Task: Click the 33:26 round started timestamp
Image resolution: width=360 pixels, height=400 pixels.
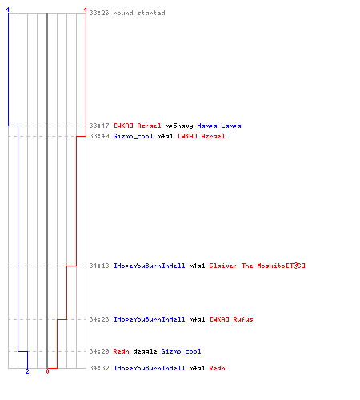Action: tap(99, 13)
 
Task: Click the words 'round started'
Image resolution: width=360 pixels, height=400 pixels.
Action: tap(139, 13)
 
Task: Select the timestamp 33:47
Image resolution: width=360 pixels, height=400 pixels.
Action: tap(99, 126)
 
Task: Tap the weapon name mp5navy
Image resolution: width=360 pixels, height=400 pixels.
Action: tap(179, 126)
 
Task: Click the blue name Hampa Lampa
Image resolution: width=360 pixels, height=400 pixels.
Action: tap(219, 126)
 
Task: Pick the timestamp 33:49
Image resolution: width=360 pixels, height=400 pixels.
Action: tap(99, 136)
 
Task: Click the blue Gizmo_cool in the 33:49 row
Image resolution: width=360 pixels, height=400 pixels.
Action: tap(133, 136)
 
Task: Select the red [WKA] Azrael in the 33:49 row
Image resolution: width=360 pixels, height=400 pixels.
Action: tap(202, 136)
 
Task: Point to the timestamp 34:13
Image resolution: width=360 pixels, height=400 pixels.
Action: tap(99, 266)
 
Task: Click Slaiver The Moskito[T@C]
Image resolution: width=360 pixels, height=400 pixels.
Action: tap(257, 266)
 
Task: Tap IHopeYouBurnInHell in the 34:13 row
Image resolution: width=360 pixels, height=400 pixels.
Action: tap(149, 266)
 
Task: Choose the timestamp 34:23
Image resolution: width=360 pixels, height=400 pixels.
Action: tap(99, 319)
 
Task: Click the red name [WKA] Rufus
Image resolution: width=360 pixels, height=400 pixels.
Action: tap(231, 319)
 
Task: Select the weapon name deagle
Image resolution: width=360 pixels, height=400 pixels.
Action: tap(145, 351)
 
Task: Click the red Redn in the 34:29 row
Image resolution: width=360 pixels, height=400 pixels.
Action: tap(121, 351)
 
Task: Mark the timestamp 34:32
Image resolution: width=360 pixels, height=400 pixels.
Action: tap(99, 368)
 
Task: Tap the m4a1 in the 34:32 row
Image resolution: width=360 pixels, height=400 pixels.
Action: tap(197, 368)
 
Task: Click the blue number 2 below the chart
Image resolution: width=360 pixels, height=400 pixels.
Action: tap(27, 371)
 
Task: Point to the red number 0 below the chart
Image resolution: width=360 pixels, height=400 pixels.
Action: tap(47, 371)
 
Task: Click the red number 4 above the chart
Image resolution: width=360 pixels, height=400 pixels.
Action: tap(86, 10)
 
